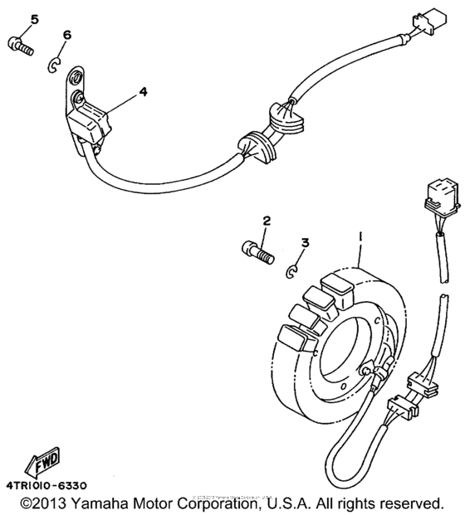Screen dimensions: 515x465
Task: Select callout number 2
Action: (x=267, y=221)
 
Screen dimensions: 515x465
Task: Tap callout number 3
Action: (x=305, y=243)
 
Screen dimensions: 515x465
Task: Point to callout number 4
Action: (x=143, y=92)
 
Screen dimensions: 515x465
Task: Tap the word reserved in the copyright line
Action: (x=411, y=503)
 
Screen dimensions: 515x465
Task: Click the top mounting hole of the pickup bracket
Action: (x=76, y=79)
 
